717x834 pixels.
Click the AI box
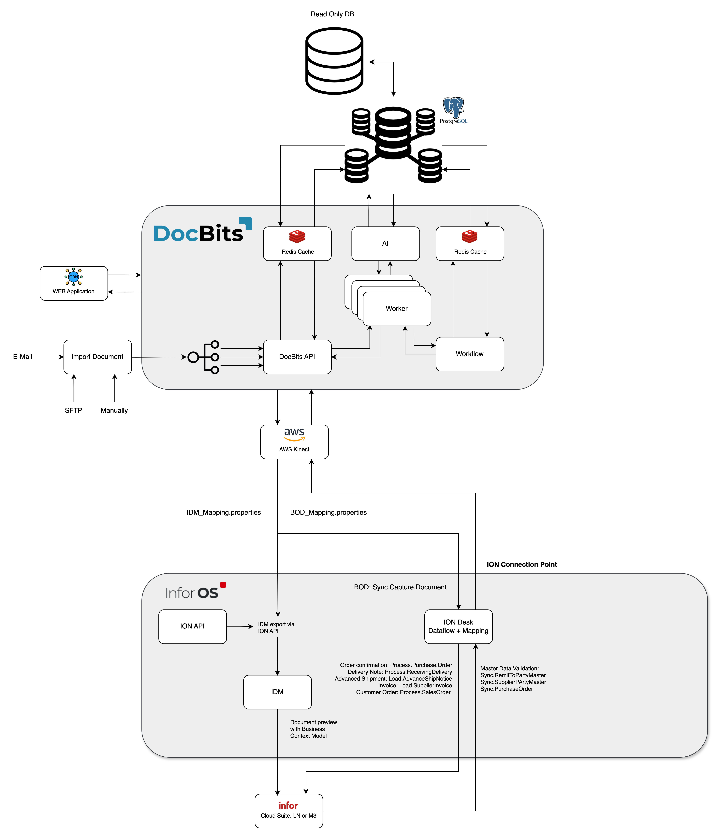click(x=385, y=243)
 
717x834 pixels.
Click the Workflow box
click(x=470, y=354)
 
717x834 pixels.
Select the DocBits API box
click(x=297, y=357)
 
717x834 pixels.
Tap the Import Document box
click(x=97, y=357)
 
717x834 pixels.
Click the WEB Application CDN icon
click(x=74, y=277)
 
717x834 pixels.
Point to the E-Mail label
click(x=22, y=357)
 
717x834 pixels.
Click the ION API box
click(x=192, y=626)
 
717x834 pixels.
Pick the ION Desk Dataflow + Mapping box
click(x=458, y=626)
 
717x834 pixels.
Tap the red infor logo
click(x=288, y=805)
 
